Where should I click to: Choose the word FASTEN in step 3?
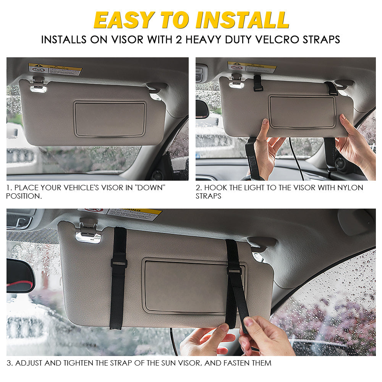coord(227,363)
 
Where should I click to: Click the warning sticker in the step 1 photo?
coord(55,69)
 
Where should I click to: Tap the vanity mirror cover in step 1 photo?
coord(110,119)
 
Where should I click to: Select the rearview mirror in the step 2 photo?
coord(202,109)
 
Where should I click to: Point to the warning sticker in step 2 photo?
coord(252,67)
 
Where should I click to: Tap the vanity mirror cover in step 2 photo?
coord(302,111)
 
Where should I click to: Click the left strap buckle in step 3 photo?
coord(119,263)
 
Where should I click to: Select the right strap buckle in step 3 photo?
coord(234,270)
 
